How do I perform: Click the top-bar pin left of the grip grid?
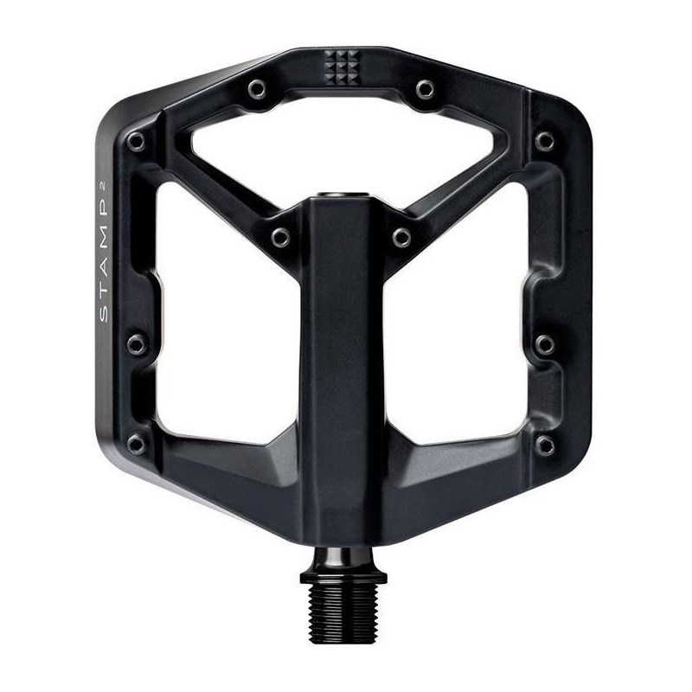pos(256,88)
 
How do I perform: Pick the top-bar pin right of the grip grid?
pos(424,88)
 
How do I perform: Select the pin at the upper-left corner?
pos(136,140)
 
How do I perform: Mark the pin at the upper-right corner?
pos(544,140)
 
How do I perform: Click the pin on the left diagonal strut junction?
pos(280,236)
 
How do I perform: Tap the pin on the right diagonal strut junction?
pos(401,236)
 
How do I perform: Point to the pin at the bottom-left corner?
pos(136,445)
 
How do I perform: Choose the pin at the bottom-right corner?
pos(545,445)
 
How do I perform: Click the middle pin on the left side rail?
pos(136,344)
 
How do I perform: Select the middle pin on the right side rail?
pos(545,344)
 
